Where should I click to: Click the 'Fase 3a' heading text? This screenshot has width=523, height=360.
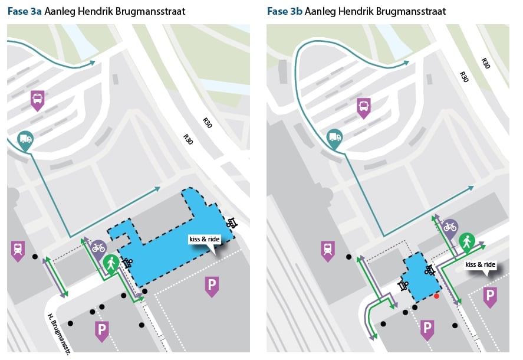tap(24, 11)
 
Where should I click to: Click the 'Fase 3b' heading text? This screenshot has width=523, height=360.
tap(285, 11)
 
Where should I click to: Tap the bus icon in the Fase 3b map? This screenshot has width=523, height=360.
tap(364, 107)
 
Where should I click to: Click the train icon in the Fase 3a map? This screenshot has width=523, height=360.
tap(18, 250)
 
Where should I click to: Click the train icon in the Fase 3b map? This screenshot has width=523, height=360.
tap(328, 250)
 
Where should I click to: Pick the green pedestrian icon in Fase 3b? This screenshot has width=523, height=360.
tap(467, 242)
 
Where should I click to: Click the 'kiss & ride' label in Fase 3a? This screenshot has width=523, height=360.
tap(205, 239)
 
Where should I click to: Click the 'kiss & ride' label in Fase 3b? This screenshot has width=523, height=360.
tap(481, 264)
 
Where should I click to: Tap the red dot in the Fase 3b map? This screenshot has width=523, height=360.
tap(436, 296)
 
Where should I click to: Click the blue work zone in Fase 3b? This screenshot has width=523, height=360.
tap(421, 278)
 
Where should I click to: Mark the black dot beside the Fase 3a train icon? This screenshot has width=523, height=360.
tap(35, 257)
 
